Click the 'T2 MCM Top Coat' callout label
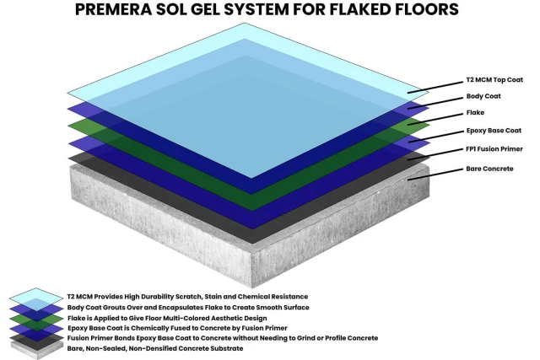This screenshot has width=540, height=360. (494, 80)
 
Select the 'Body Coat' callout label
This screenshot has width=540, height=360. (483, 96)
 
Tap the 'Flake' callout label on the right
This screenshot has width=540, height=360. (475, 112)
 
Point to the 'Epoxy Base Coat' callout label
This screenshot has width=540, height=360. (494, 131)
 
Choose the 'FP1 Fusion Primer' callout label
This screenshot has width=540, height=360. (494, 149)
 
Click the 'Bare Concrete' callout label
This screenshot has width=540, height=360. (489, 169)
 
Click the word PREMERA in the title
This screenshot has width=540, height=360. (113, 9)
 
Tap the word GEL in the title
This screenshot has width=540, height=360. (206, 9)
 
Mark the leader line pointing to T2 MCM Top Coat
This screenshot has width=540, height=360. (435, 88)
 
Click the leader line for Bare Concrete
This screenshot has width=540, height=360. (435, 175)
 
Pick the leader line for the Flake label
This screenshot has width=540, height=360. (435, 119)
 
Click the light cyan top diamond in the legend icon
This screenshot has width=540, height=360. (36, 294)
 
